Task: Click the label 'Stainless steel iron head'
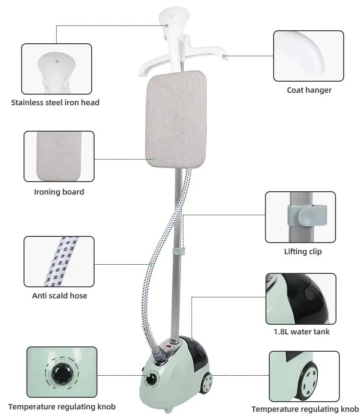pos(55,103)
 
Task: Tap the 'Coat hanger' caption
pos(309,90)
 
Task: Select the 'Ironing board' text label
pos(59,192)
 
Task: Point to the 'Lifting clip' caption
pos(303,251)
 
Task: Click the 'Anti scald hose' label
pos(60,295)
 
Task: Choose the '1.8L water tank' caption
pos(302,332)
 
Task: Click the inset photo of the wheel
pos(304,376)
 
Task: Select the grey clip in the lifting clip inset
pos(307,215)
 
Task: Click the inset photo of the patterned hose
pos(59,261)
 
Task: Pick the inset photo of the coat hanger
pos(309,56)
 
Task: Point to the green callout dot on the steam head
pos(167,25)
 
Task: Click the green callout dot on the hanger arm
pos(224,56)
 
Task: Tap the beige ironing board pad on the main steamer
pos(176,119)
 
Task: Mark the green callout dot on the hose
pos(150,264)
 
